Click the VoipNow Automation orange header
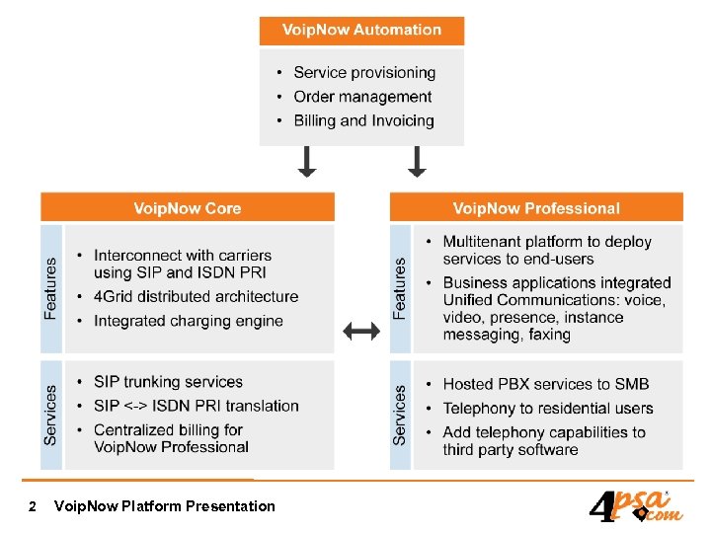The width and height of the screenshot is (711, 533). (361, 30)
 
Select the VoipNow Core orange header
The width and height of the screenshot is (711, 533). (188, 208)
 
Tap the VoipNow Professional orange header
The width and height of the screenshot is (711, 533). (536, 208)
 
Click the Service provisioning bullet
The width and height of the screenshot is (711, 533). (363, 73)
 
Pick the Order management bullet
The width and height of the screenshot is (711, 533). (361, 97)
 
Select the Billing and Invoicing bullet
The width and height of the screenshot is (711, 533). (362, 120)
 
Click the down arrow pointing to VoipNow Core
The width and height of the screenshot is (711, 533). (307, 161)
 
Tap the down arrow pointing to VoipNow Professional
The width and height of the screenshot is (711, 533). (417, 161)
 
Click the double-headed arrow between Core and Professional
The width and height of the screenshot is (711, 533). (362, 333)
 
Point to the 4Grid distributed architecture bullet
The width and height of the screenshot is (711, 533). (195, 296)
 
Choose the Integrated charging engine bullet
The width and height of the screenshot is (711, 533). (188, 321)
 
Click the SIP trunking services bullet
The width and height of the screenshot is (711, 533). (167, 382)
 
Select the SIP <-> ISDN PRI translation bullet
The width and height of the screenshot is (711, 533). (195, 406)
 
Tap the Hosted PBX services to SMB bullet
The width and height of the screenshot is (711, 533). (545, 384)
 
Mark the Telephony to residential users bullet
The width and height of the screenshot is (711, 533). (547, 408)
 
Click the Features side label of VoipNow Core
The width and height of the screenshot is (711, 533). (51, 288)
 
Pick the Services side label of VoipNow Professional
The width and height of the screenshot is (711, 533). (400, 415)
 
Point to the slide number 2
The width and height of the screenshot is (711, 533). (33, 506)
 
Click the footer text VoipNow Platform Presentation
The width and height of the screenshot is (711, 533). (165, 506)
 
